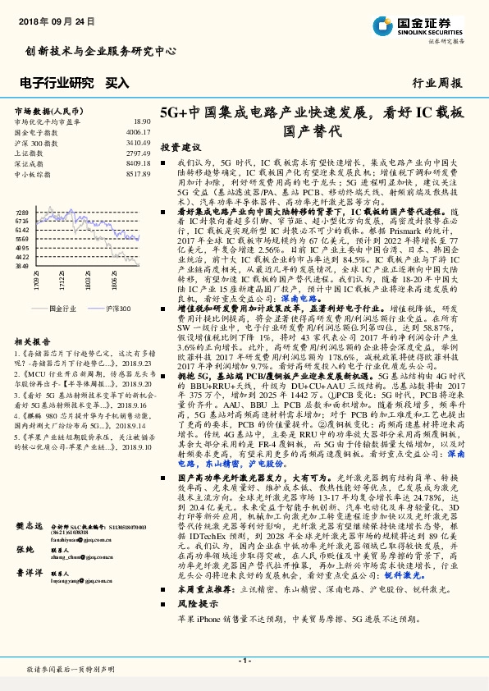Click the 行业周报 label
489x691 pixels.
[x=436, y=83]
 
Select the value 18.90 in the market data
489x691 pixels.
[x=142, y=121]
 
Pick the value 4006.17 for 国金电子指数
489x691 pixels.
[x=138, y=131]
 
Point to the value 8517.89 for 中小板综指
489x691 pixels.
[x=138, y=174]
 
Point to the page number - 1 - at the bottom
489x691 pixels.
[x=244, y=660]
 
